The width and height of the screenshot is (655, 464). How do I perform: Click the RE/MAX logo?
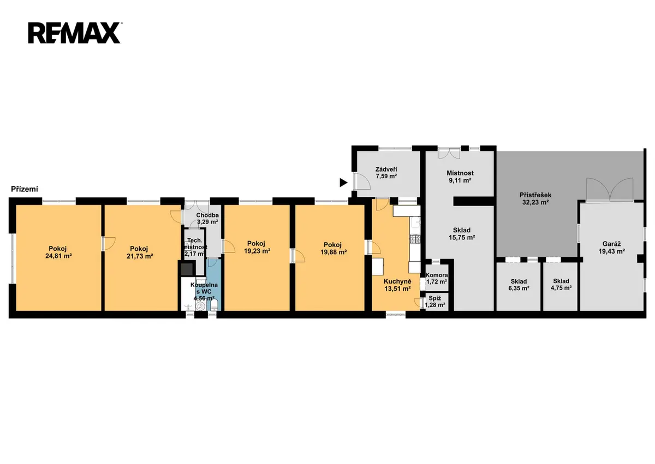point(75,33)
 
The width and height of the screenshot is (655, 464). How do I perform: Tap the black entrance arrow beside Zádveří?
point(343,183)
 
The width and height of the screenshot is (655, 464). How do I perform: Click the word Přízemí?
point(25,189)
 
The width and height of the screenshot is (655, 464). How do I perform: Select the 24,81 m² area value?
point(58,256)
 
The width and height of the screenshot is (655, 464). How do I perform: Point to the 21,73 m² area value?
point(140,256)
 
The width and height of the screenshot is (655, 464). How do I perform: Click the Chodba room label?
point(207,215)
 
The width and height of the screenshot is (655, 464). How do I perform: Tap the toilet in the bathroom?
point(214,304)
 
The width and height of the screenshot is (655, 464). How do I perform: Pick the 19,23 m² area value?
point(257,251)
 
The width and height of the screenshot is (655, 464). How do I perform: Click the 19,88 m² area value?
point(334,252)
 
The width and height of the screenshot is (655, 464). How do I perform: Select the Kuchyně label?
point(397,281)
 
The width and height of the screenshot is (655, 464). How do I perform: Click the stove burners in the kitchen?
point(415,239)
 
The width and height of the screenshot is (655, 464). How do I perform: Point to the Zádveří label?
point(386,169)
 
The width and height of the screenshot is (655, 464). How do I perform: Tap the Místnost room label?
point(460,173)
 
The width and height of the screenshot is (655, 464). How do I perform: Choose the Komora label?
point(437,275)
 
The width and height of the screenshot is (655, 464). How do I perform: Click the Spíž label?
point(435,298)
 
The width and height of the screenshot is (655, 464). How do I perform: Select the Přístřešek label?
point(535,195)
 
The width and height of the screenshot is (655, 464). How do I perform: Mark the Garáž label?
point(611,244)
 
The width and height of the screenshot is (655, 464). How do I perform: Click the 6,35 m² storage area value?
point(519,288)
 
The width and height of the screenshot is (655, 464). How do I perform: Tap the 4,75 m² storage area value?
point(561,288)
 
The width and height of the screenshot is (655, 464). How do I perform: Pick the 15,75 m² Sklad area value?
point(462,237)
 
